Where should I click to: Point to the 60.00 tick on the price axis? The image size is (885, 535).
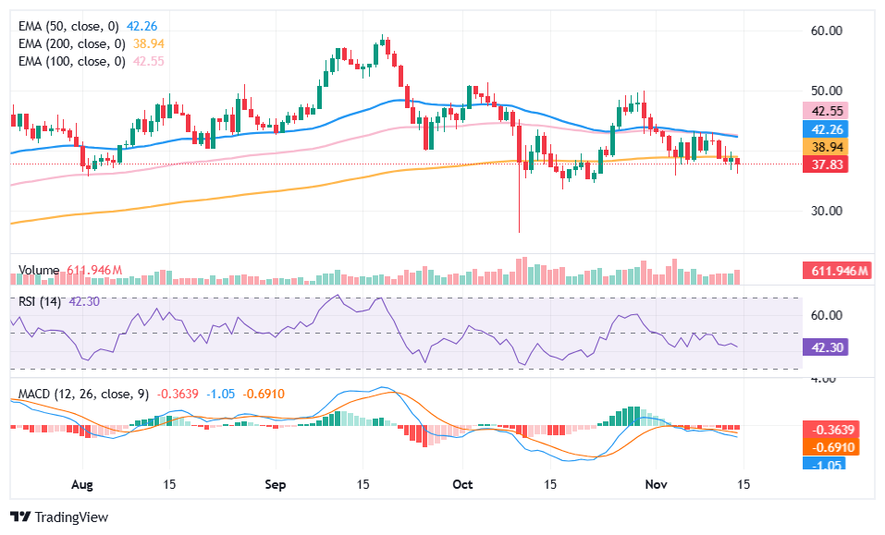pyautogui.click(x=826, y=30)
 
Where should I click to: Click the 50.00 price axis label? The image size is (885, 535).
pyautogui.click(x=826, y=91)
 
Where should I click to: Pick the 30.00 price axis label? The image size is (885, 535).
pyautogui.click(x=826, y=210)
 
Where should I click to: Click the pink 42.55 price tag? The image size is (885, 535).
pyautogui.click(x=826, y=111)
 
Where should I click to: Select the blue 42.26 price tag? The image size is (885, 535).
pyautogui.click(x=826, y=129)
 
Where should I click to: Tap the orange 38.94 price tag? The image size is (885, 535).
pyautogui.click(x=826, y=147)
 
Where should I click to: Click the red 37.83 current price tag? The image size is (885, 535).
pyautogui.click(x=826, y=164)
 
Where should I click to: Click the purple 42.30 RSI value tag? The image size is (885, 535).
pyautogui.click(x=826, y=347)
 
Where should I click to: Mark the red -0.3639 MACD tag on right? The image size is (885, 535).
pyautogui.click(x=832, y=430)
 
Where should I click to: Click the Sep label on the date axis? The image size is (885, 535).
pyautogui.click(x=277, y=483)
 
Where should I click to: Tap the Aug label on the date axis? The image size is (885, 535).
pyautogui.click(x=82, y=483)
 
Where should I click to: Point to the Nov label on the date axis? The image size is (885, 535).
pyautogui.click(x=655, y=483)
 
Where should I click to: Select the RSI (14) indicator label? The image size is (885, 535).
pyautogui.click(x=41, y=301)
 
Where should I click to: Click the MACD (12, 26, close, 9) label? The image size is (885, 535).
pyautogui.click(x=83, y=394)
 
